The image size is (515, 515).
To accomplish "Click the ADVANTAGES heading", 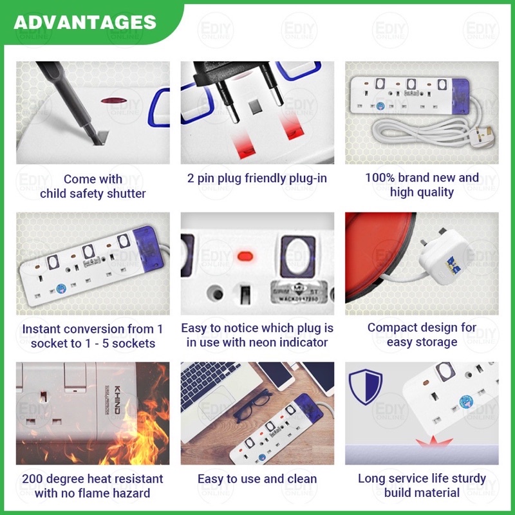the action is coord(85,23).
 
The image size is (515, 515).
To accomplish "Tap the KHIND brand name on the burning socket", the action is coord(117,400).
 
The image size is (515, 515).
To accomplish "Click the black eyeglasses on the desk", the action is coord(253,406).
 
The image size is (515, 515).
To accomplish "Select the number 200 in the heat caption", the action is coord(33,478).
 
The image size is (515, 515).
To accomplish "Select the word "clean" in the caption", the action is coord(302,479).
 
